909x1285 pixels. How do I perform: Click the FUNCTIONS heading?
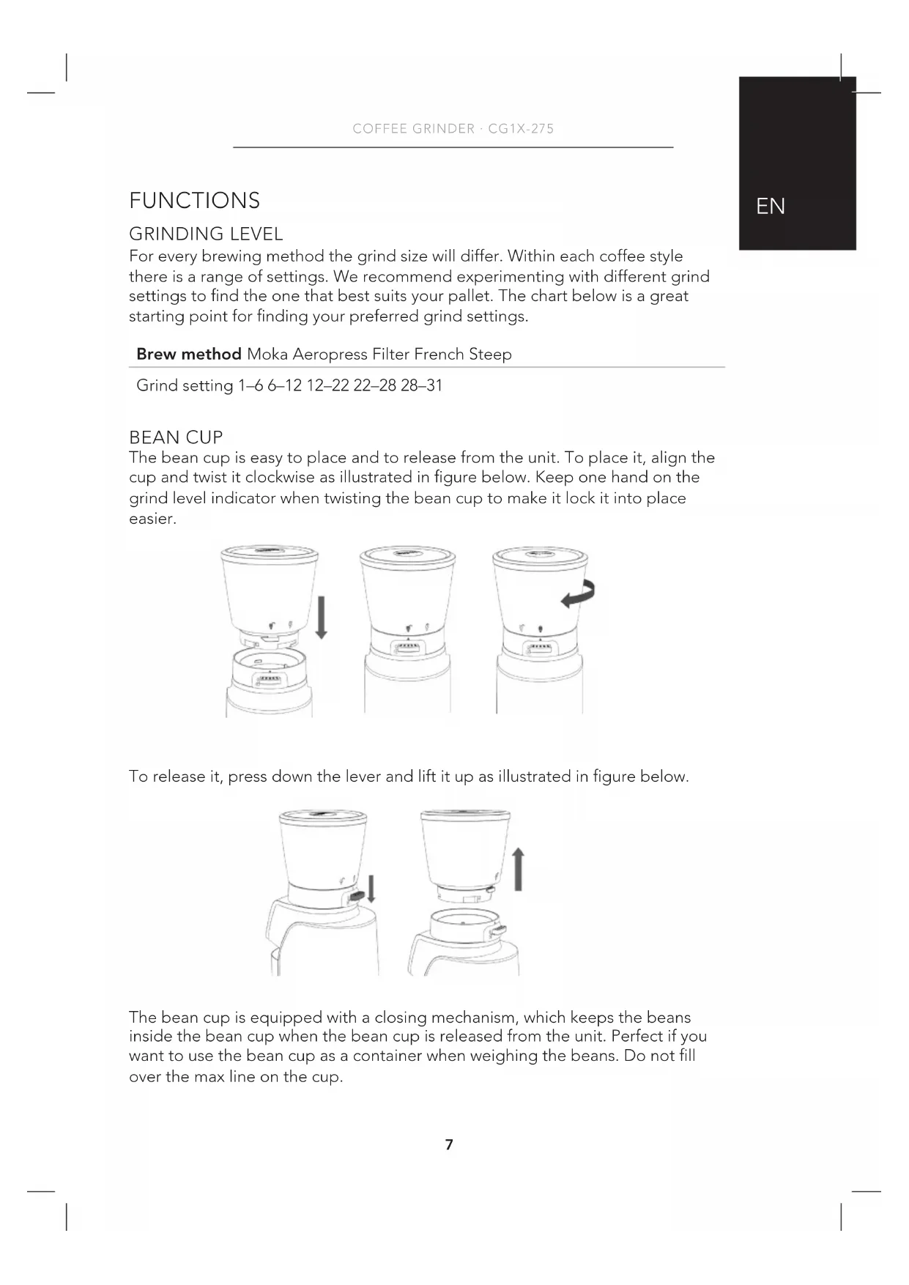pyautogui.click(x=194, y=201)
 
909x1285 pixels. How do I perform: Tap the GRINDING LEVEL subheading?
pyautogui.click(x=206, y=234)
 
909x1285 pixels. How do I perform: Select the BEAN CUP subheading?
pyautogui.click(x=176, y=437)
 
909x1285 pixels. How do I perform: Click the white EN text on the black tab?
pyautogui.click(x=771, y=207)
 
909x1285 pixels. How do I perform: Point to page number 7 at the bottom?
pyautogui.click(x=449, y=1144)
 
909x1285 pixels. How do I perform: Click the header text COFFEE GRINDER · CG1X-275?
pyautogui.click(x=453, y=129)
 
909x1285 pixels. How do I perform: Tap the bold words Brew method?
pyautogui.click(x=189, y=355)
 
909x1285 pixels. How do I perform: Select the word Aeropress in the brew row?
pyautogui.click(x=330, y=355)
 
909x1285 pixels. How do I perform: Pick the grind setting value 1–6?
pyautogui.click(x=251, y=385)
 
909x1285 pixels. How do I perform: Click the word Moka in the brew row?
pyautogui.click(x=267, y=355)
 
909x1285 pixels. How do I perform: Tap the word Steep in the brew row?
pyautogui.click(x=490, y=355)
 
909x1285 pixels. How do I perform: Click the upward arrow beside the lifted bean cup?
pyautogui.click(x=519, y=869)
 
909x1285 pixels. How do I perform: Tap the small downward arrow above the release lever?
pyautogui.click(x=371, y=888)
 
